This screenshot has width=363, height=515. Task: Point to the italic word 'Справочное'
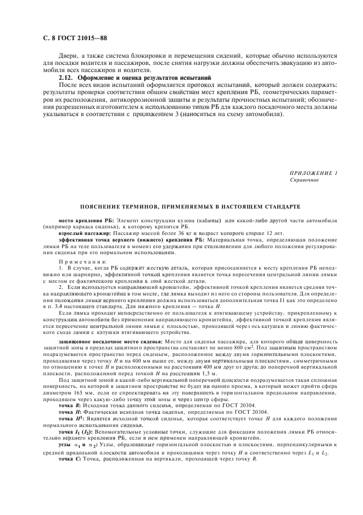303,180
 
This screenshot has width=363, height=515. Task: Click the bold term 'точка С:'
70,443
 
